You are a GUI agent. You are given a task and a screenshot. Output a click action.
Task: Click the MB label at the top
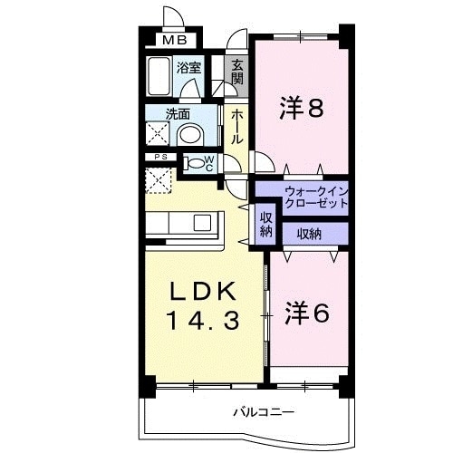[175, 40]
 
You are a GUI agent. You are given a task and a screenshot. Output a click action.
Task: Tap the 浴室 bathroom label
[188, 67]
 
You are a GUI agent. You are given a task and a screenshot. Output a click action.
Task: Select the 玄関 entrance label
[236, 72]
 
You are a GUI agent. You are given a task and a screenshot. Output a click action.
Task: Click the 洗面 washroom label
[178, 115]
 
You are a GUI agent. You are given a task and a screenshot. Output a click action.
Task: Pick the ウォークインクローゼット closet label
[315, 198]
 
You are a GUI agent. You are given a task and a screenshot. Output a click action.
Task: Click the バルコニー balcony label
[263, 412]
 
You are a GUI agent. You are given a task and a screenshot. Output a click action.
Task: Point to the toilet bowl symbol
[196, 164]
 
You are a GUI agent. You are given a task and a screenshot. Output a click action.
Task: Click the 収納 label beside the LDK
[266, 224]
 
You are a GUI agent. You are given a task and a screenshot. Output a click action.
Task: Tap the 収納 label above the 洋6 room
[307, 234]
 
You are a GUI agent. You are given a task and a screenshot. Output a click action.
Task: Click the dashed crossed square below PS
[160, 178]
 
